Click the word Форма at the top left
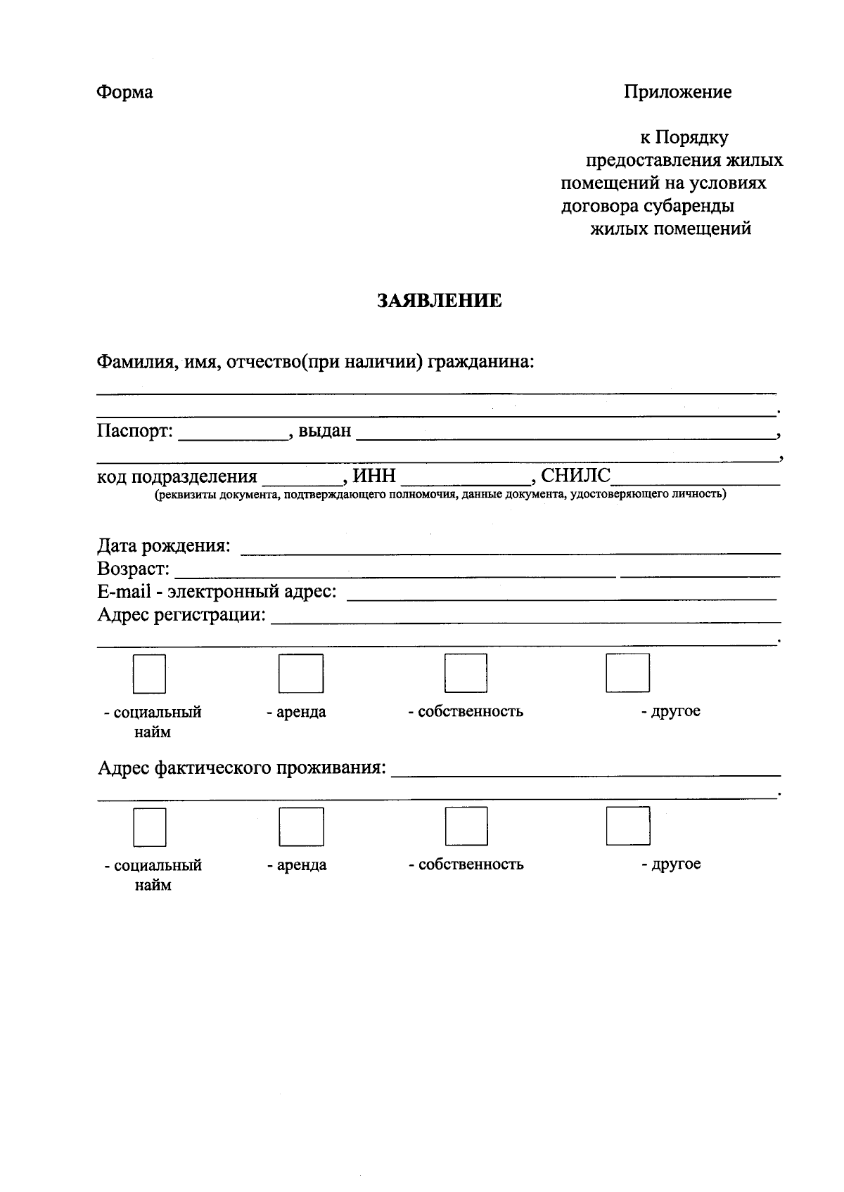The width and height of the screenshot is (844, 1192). click(x=124, y=92)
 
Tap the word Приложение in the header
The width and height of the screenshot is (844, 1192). click(x=677, y=92)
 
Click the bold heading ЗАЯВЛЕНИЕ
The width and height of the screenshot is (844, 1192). click(x=440, y=301)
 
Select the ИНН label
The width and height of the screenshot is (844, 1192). click(x=374, y=477)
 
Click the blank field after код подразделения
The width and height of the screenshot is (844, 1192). click(x=301, y=478)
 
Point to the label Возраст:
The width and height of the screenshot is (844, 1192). click(x=133, y=569)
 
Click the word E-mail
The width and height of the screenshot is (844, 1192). click(x=124, y=592)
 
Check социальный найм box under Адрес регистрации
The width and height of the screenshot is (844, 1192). click(x=149, y=674)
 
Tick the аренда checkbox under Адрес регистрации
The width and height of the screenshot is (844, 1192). click(x=301, y=673)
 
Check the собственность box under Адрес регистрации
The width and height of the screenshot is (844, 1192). click(x=466, y=673)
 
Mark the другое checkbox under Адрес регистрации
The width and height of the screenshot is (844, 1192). click(x=627, y=673)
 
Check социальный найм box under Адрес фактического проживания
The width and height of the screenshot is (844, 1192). click(x=150, y=827)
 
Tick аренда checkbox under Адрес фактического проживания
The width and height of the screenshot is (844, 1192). click(x=301, y=826)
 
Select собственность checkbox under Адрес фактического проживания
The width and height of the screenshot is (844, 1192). click(x=466, y=826)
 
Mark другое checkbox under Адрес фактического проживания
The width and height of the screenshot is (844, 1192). click(x=628, y=826)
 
